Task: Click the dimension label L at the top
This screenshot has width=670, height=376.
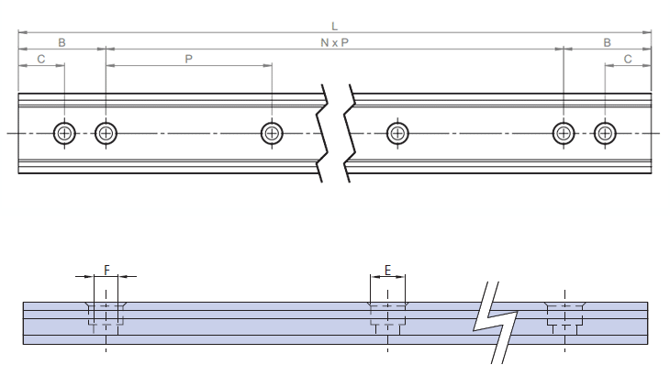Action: coord(334,28)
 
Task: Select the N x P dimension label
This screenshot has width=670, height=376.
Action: coord(334,43)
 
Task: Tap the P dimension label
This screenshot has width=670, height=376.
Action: coord(189,59)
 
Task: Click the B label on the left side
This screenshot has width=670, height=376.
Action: coord(62,43)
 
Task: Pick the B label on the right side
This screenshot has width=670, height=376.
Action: coord(607,43)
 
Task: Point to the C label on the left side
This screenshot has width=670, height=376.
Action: coord(40,59)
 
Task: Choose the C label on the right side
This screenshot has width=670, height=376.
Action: coord(628,59)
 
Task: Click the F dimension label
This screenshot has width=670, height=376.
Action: coord(106,270)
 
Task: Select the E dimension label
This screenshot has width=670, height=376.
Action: coord(387,270)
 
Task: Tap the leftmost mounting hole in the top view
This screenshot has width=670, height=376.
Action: coord(64,133)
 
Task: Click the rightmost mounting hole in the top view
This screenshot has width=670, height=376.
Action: coord(604,133)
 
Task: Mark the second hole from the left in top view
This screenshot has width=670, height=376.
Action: coord(106,133)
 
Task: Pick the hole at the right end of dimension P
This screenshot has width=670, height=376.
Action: coord(272,133)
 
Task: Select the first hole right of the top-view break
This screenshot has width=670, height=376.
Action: coord(397,133)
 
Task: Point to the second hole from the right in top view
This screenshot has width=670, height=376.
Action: coord(563,133)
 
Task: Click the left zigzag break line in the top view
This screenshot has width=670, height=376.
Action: coord(323,133)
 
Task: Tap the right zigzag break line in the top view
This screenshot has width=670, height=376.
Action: coord(350,133)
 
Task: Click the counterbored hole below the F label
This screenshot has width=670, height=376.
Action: coord(106,315)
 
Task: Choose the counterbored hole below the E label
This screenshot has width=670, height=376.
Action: coord(387,315)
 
